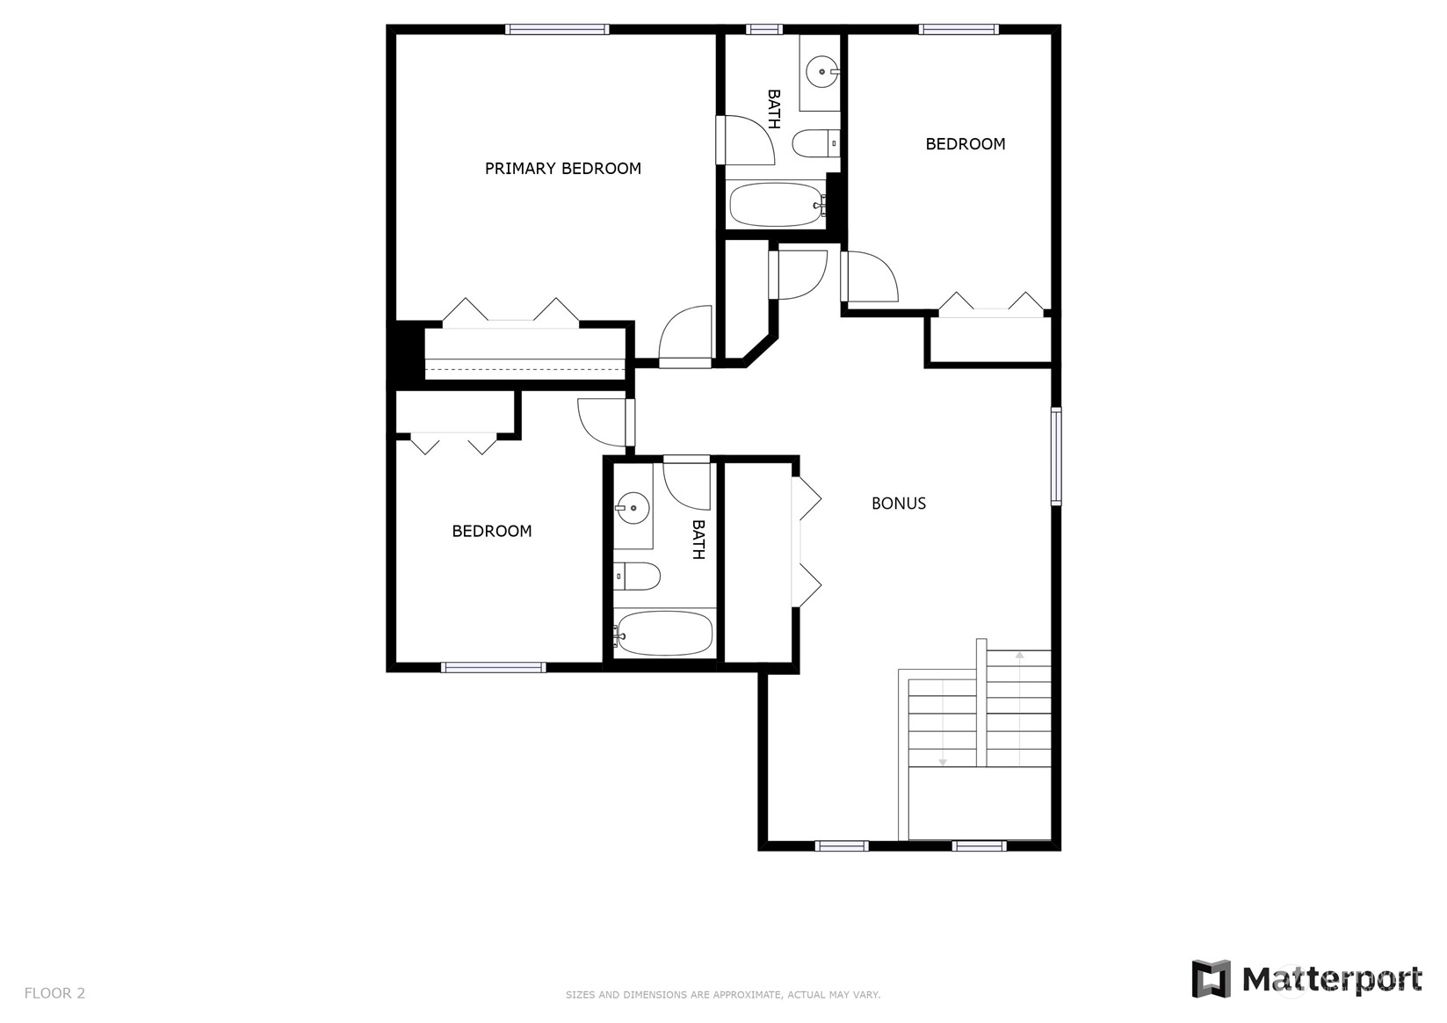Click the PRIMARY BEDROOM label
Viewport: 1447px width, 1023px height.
tap(562, 169)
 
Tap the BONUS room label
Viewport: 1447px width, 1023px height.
tap(899, 504)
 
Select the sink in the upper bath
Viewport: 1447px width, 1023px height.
tap(821, 72)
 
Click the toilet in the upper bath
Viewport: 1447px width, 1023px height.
tap(816, 143)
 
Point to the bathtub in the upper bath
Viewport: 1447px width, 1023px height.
tap(778, 205)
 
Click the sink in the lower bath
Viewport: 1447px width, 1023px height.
tap(632, 509)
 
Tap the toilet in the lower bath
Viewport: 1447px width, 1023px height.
tap(636, 576)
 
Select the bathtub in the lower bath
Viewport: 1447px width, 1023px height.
tap(664, 634)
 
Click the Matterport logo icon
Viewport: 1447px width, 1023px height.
tap(1212, 979)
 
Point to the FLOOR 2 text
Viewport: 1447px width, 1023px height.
tap(54, 993)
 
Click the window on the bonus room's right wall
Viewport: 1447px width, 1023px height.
tap(1055, 455)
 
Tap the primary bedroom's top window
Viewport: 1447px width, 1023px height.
tap(557, 29)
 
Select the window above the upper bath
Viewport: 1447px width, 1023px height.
tap(764, 29)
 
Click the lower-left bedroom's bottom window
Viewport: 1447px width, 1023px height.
tap(494, 668)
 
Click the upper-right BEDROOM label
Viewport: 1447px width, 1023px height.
tap(965, 144)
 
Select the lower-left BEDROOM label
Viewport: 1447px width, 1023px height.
tap(492, 531)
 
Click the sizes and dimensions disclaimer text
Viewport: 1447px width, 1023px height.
tap(723, 995)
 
